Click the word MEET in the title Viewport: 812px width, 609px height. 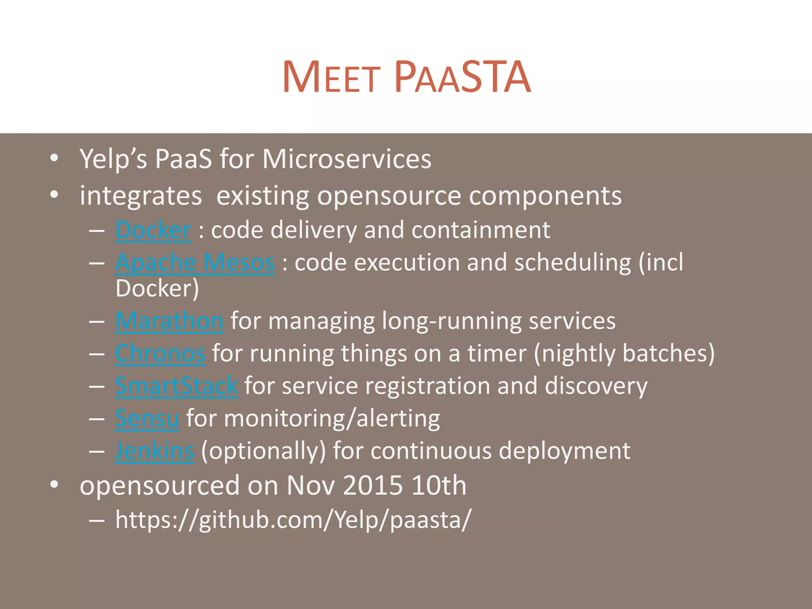pyautogui.click(x=331, y=77)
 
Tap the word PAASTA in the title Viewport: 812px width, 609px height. pyautogui.click(x=462, y=77)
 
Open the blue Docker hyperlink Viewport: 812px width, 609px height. pyautogui.click(x=153, y=230)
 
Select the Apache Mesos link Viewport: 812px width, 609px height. pyautogui.click(x=195, y=262)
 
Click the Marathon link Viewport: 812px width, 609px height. pyautogui.click(x=169, y=321)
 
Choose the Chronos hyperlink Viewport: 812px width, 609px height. pyautogui.click(x=160, y=353)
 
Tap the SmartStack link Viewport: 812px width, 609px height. pyautogui.click(x=176, y=386)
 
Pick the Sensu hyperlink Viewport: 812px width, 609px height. pyautogui.click(x=147, y=418)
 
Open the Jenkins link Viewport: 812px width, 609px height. pyautogui.click(x=155, y=451)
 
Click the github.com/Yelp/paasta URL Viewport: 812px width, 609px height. pyautogui.click(x=293, y=519)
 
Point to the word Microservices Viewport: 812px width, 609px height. pyautogui.click(x=347, y=159)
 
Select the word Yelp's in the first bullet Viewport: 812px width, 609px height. pyautogui.click(x=113, y=159)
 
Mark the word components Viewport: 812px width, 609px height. pyautogui.click(x=545, y=196)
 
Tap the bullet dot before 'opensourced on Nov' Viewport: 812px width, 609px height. pyautogui.click(x=54, y=485)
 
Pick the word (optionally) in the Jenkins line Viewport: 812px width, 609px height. pyautogui.click(x=263, y=451)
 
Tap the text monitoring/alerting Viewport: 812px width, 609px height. pyautogui.click(x=332, y=418)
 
